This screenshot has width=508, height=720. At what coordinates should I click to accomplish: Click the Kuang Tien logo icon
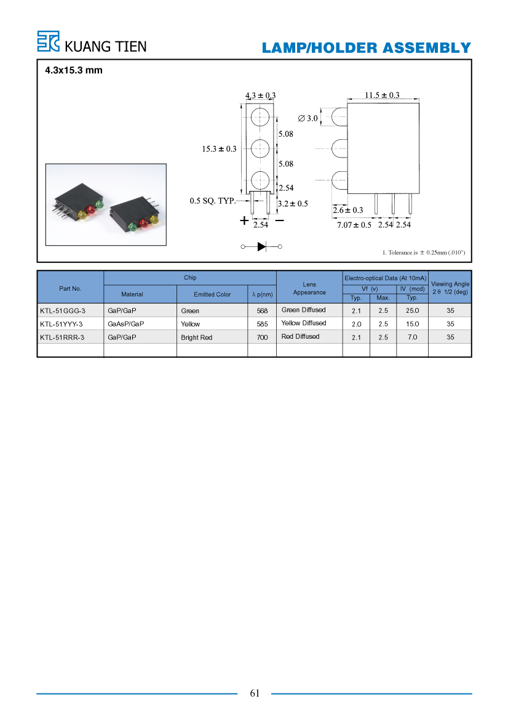pyautogui.click(x=48, y=41)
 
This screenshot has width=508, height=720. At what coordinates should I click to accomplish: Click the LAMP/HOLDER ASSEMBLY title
pyautogui.click(x=367, y=48)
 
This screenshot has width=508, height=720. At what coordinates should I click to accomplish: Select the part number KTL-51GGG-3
pyautogui.click(x=62, y=311)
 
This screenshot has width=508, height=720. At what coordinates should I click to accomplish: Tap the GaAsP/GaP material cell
pyautogui.click(x=125, y=324)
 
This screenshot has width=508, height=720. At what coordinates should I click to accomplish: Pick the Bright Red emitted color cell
pyautogui.click(x=196, y=338)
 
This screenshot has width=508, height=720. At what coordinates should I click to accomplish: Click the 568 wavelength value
pyautogui.click(x=262, y=311)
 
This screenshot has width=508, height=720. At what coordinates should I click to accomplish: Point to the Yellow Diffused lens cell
pyautogui.click(x=304, y=323)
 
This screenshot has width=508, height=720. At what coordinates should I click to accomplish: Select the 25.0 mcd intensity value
pyautogui.click(x=413, y=311)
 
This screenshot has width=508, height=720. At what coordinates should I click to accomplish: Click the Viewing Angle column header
pyautogui.click(x=450, y=288)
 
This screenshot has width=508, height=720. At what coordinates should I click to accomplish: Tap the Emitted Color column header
pyautogui.click(x=212, y=294)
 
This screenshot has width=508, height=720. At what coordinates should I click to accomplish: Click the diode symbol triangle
pyautogui.click(x=262, y=246)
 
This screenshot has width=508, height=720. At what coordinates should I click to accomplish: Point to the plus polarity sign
pyautogui.click(x=244, y=220)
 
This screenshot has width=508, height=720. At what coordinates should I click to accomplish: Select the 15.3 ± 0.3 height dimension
pyautogui.click(x=219, y=149)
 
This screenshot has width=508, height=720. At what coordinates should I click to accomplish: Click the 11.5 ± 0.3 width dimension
pyautogui.click(x=382, y=95)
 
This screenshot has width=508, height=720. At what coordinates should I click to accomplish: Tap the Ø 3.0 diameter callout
pyautogui.click(x=308, y=118)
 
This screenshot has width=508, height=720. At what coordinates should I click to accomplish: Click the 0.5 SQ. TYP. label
pyautogui.click(x=212, y=201)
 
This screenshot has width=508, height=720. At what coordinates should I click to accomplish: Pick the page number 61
pyautogui.click(x=255, y=694)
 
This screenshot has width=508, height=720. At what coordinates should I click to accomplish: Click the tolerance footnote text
pyautogui.click(x=424, y=253)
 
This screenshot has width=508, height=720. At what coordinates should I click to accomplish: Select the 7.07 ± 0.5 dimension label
pyautogui.click(x=354, y=225)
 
